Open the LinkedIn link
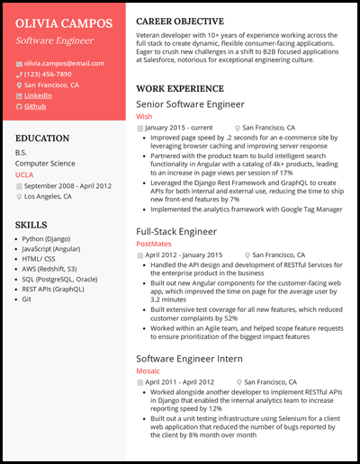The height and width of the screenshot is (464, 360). pyautogui.click(x=38, y=95)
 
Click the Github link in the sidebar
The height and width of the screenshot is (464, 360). pyautogui.click(x=35, y=106)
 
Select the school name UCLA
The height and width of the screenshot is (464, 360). pyautogui.click(x=25, y=174)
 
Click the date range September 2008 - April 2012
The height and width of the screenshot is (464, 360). pyautogui.click(x=67, y=185)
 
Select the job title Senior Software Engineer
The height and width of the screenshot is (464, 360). pyautogui.click(x=190, y=104)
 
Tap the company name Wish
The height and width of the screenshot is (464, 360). pyautogui.click(x=144, y=117)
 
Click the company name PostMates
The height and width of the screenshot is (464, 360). pyautogui.click(x=153, y=244)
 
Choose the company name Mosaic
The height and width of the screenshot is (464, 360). pyautogui.click(x=148, y=344)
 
